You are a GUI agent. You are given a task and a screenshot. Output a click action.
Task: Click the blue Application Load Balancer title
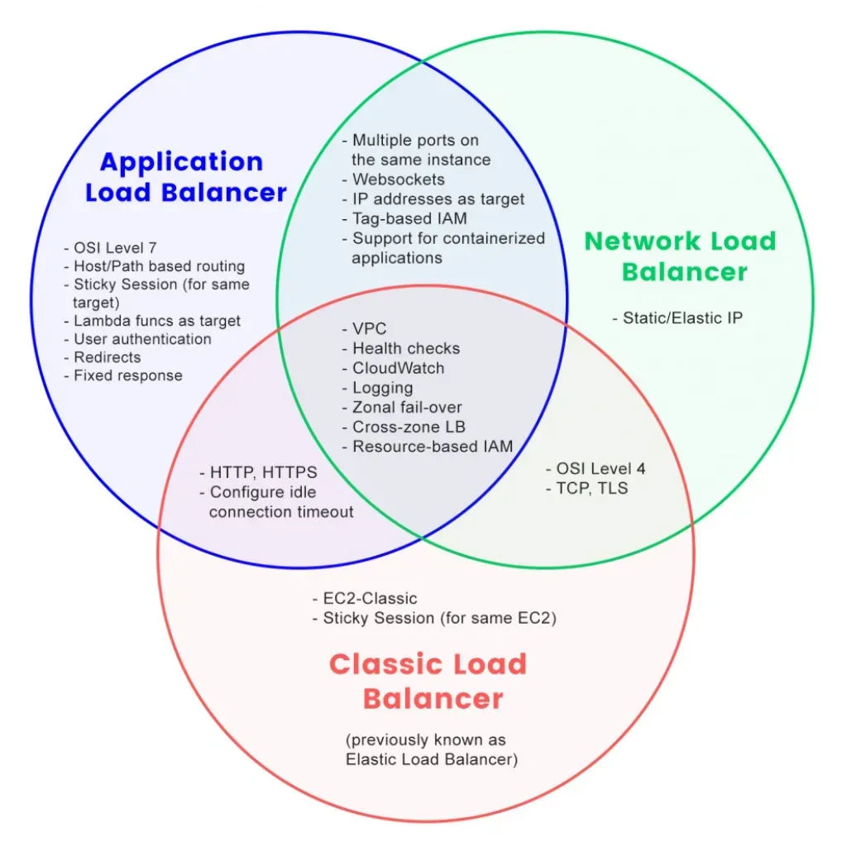tap(185, 177)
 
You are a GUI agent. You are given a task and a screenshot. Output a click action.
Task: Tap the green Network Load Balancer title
tap(681, 256)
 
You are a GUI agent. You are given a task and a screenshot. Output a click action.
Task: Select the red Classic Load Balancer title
tap(428, 681)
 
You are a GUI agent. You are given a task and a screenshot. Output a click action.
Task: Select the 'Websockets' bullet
tap(393, 179)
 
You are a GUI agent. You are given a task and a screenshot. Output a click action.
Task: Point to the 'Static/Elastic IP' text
tap(677, 318)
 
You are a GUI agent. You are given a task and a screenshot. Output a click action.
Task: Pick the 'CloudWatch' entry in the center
tap(393, 368)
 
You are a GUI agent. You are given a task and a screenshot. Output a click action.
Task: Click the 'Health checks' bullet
tap(400, 348)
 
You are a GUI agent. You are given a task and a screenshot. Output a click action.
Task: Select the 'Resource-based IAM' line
tap(427, 447)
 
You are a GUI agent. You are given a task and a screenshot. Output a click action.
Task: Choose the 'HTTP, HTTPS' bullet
tap(258, 473)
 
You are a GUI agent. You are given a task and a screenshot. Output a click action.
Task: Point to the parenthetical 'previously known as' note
tap(425, 739)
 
